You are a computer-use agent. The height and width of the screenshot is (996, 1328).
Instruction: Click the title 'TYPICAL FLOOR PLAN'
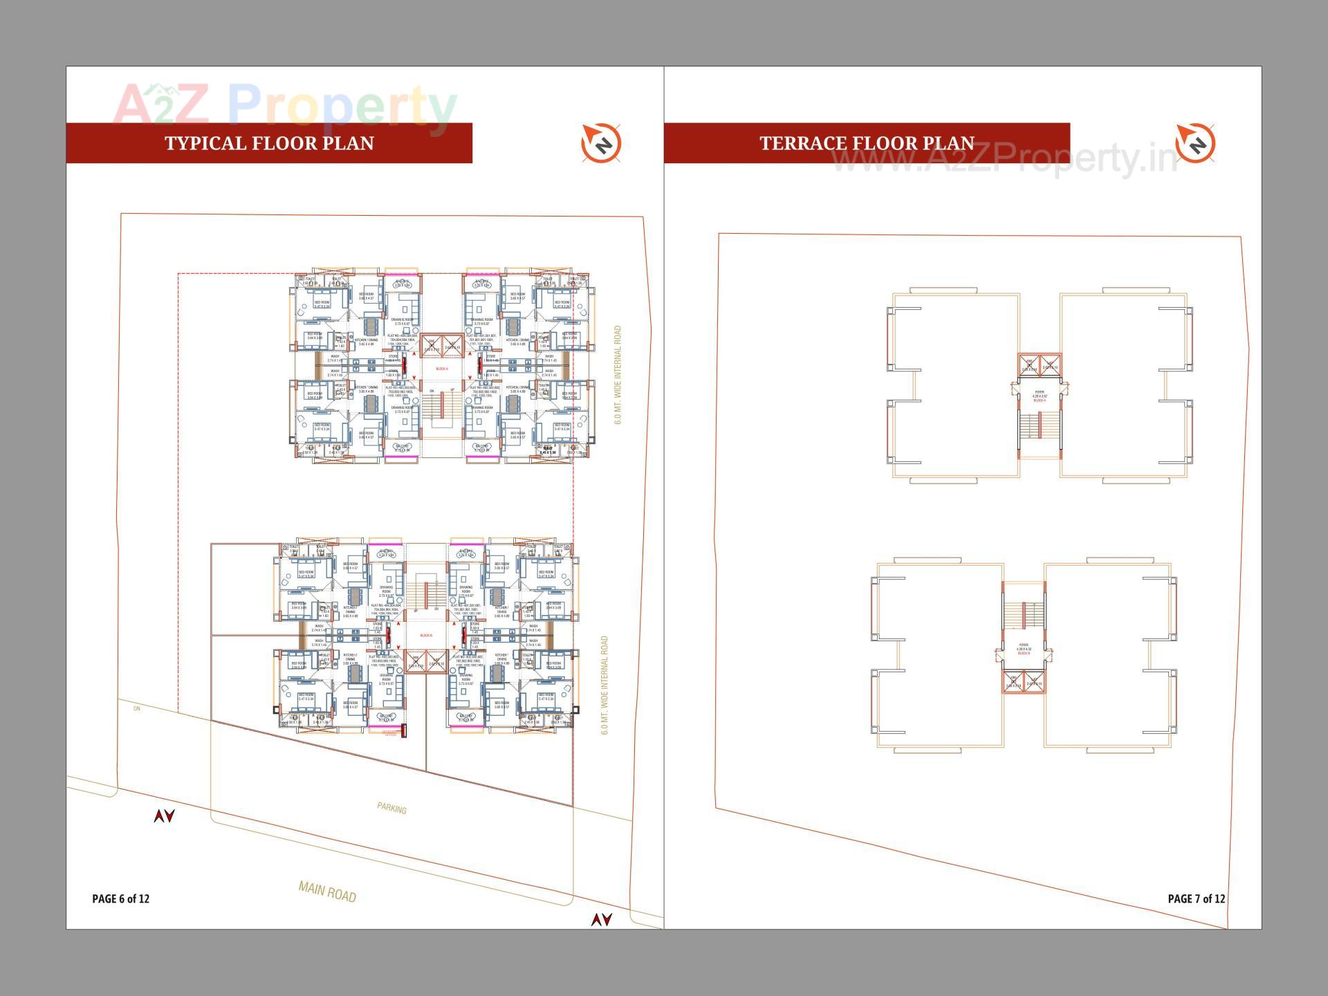pos(269,143)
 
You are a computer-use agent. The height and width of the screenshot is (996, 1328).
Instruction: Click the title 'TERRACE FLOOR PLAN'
pos(867,143)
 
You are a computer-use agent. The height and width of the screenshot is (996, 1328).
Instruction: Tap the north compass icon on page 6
pos(601,144)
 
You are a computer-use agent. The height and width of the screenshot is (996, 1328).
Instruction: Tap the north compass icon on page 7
pos(1195,144)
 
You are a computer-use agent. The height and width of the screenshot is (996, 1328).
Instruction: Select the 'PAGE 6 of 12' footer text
pos(120,898)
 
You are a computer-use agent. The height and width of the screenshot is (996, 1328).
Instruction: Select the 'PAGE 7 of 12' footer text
pos(1196,898)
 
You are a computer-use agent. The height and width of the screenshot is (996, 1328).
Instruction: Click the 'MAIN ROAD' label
pos(327,892)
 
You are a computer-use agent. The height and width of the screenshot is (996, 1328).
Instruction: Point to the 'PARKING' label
pos(391,808)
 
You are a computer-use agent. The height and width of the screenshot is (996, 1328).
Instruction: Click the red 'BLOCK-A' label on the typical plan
pos(441,369)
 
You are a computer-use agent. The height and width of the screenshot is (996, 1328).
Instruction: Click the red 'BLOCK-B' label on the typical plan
pos(426,635)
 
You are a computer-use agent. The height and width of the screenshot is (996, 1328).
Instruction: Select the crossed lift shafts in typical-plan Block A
pos(441,345)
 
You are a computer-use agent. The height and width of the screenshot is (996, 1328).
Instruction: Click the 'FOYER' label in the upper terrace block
pos(1040,396)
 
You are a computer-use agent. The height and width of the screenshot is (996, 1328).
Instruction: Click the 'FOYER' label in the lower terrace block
pos(1024,648)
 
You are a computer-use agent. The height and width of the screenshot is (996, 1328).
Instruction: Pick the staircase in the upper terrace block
pos(1040,425)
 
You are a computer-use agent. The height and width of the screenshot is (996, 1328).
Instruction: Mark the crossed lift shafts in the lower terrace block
pos(1024,682)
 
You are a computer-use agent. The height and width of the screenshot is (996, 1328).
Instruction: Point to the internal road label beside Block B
pos(605,685)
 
